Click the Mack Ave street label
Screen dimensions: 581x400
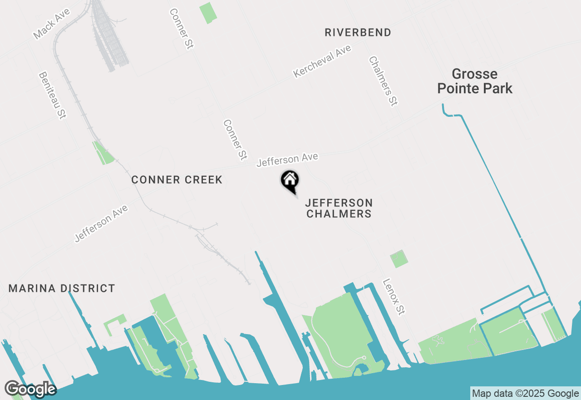(52, 23)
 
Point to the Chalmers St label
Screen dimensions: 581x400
(384, 81)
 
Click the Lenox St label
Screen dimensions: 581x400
(394, 297)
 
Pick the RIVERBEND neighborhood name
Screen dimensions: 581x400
(358, 32)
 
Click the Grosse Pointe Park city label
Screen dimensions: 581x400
(475, 81)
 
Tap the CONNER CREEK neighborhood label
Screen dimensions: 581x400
(177, 180)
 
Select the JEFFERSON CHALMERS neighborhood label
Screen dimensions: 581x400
(339, 208)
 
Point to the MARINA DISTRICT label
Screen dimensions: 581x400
(62, 288)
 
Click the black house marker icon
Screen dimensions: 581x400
(290, 180)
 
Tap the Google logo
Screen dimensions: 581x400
(30, 389)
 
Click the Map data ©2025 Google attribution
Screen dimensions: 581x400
(525, 393)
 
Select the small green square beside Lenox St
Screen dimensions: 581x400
(399, 259)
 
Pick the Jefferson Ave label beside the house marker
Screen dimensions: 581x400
(287, 160)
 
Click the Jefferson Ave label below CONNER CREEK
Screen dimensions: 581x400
(101, 223)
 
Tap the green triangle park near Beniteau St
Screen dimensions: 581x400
(104, 154)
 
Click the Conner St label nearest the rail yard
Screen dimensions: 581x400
(182, 28)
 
